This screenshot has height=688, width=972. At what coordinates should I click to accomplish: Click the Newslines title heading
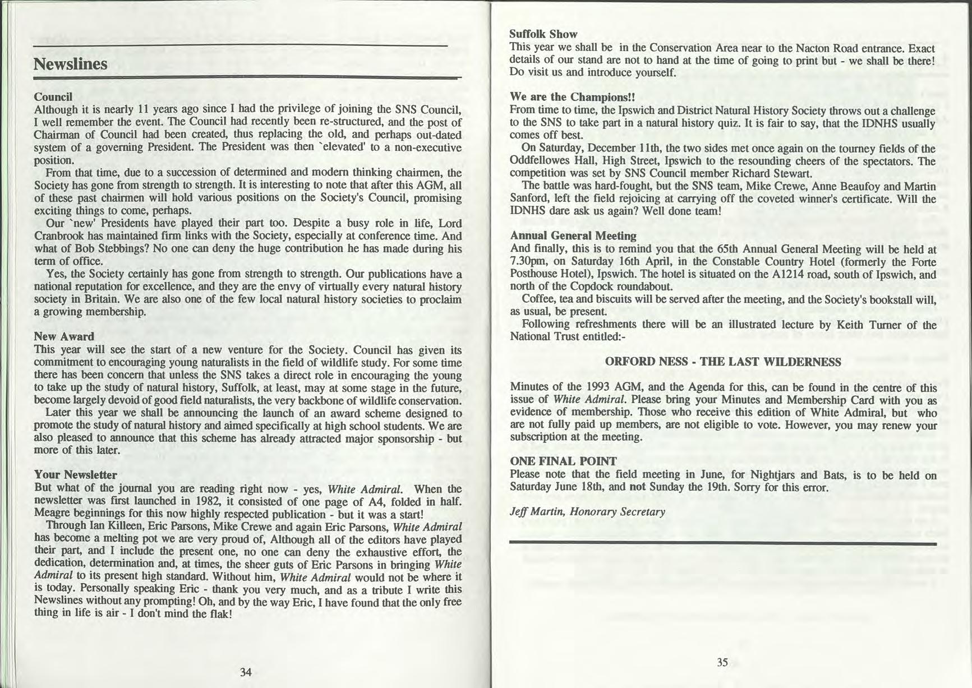70,64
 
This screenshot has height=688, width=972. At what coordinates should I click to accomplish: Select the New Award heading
63,336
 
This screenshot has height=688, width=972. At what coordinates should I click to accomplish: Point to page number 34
246,672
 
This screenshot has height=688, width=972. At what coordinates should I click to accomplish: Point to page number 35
722,662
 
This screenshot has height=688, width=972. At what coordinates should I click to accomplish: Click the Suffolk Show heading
543,35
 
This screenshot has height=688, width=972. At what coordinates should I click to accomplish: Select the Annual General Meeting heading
573,236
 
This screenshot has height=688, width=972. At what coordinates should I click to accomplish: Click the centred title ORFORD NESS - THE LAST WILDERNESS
723,362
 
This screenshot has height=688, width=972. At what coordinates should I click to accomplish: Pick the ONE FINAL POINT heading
563,461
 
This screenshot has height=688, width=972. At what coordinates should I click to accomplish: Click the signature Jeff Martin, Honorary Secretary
587,511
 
